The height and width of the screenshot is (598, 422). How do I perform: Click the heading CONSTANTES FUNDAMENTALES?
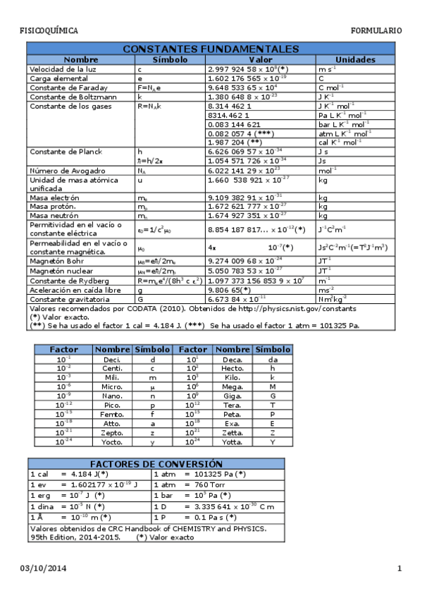point(211,49)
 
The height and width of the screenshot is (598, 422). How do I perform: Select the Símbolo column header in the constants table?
point(170,60)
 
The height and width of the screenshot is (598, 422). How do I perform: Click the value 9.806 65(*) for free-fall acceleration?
point(230,289)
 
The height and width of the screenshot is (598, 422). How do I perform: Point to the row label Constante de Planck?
point(58,152)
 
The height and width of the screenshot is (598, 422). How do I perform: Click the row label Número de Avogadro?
point(58,171)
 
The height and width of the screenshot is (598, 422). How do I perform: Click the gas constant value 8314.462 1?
point(230,114)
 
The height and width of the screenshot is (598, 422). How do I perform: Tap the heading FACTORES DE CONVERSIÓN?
point(156,464)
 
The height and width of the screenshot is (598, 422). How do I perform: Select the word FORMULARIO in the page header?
point(376,31)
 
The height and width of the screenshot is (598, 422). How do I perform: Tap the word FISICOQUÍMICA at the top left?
point(49,31)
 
